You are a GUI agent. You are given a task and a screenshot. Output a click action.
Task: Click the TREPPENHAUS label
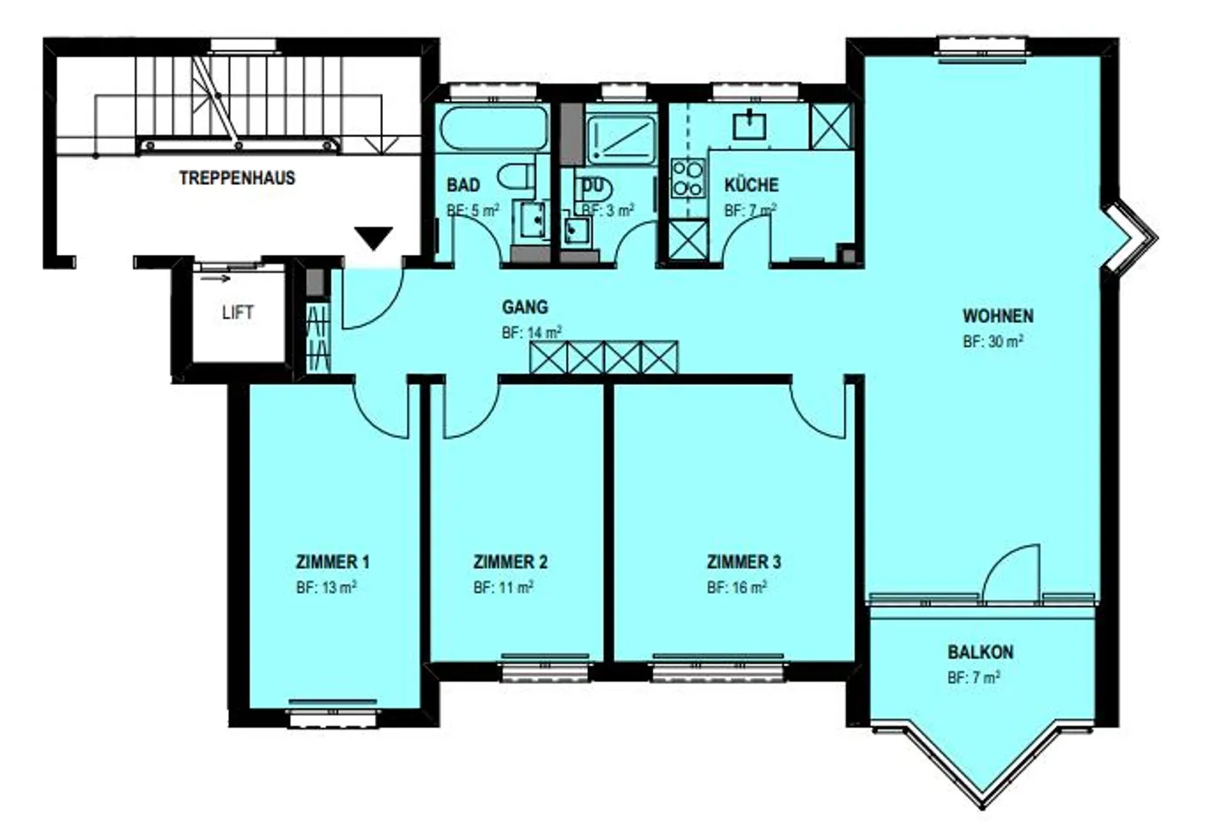(237, 178)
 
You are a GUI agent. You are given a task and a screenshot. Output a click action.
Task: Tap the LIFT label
(237, 313)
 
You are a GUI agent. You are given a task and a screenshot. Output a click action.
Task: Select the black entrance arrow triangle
(374, 238)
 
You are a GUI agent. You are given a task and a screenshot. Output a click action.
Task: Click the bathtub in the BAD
(493, 129)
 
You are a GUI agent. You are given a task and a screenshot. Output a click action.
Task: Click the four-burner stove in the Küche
(687, 179)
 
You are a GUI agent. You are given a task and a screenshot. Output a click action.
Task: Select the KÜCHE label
(751, 185)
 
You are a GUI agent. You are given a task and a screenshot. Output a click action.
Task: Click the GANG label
(525, 307)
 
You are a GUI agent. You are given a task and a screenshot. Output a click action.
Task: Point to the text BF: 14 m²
(531, 333)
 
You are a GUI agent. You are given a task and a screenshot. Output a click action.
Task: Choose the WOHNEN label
(998, 316)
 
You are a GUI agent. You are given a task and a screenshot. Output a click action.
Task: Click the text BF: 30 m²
(992, 341)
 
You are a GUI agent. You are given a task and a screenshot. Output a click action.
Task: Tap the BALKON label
(980, 652)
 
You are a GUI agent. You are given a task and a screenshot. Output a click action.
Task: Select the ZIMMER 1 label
(333, 562)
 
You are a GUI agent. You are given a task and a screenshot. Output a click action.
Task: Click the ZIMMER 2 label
(509, 562)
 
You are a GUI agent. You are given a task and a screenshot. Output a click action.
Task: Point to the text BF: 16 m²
(736, 588)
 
